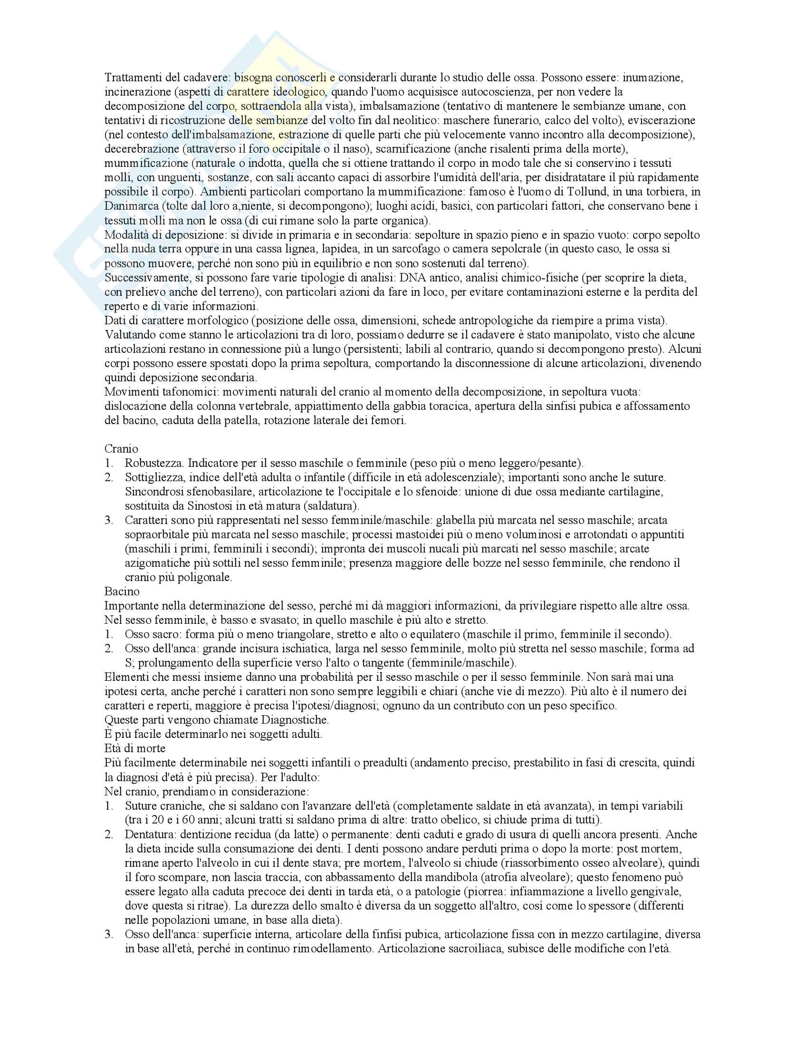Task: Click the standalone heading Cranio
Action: click(121, 449)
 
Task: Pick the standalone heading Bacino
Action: click(122, 591)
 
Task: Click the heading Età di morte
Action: click(135, 748)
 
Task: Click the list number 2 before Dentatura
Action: click(109, 834)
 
